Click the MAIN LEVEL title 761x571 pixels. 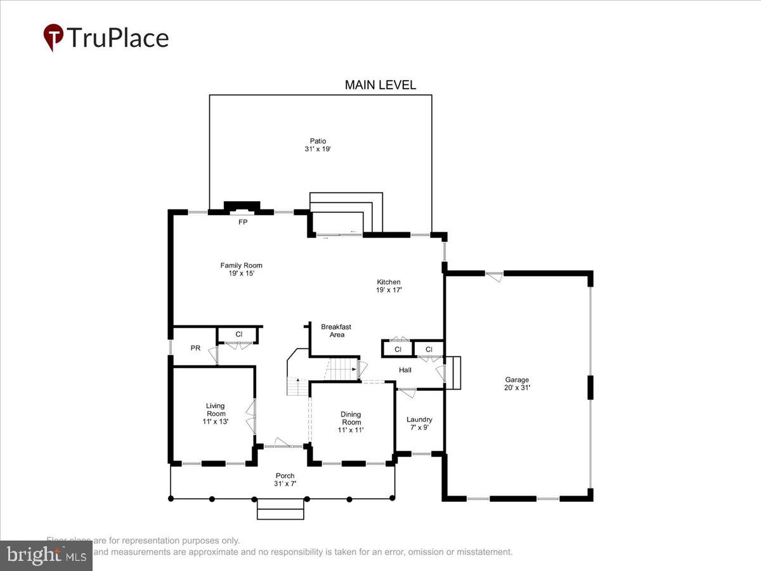coord(380,85)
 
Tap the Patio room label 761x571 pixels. coord(318,141)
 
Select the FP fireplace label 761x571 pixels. coord(242,223)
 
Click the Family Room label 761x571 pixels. coord(241,265)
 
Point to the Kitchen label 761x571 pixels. coord(389,282)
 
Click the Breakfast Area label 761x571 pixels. coord(335,331)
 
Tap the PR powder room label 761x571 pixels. coord(195,348)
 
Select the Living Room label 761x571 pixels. coord(215,409)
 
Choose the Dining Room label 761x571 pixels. coord(351,418)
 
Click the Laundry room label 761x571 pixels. coord(419,419)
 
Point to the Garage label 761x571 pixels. coord(517,380)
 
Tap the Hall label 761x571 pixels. coord(405,370)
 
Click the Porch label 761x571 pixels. coord(285,476)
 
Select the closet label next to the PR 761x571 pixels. coord(238,334)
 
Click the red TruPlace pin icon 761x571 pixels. coord(53,37)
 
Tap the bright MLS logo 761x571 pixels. coord(46,556)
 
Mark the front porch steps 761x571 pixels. coord(280,509)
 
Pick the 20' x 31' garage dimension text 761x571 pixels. coord(517,387)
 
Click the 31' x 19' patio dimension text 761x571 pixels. coord(318,149)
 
